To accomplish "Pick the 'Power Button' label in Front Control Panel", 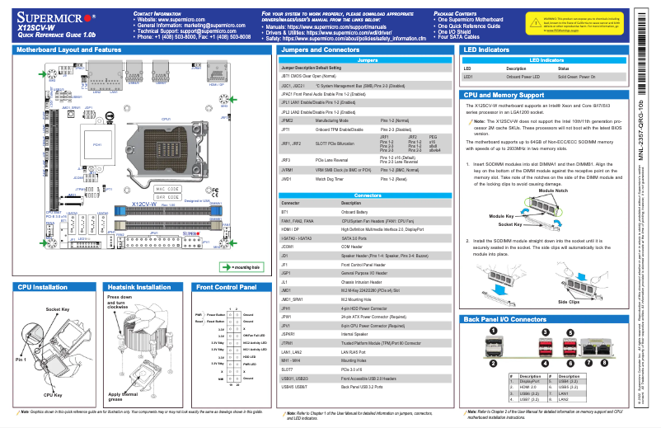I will pyautogui.click(x=216, y=315).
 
